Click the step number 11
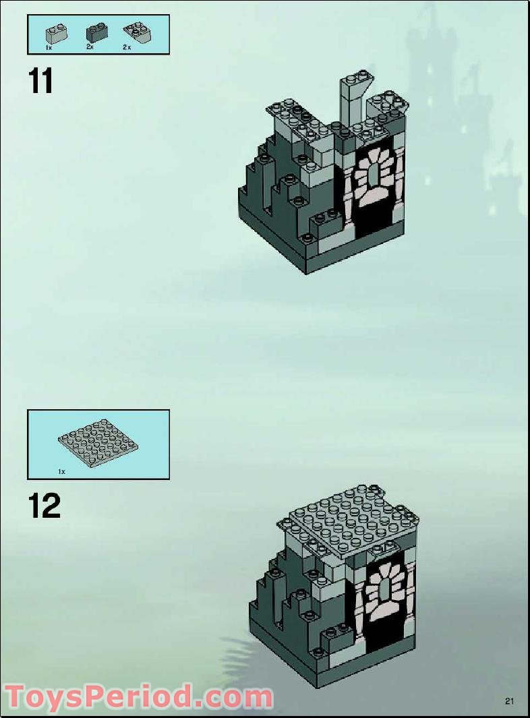tap(40, 81)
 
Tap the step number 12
tap(44, 506)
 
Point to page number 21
tap(510, 701)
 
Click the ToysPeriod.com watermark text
tap(138, 697)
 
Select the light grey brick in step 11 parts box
tap(56, 32)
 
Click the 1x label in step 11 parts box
tap(49, 49)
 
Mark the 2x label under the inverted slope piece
tap(126, 49)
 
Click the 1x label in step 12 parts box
tap(61, 472)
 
